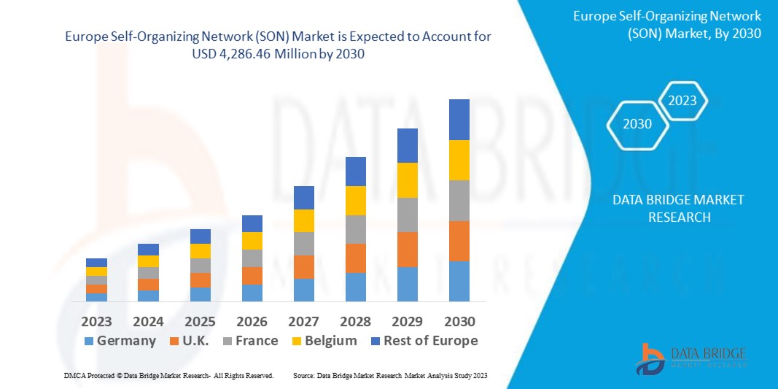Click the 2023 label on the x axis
coord(96,321)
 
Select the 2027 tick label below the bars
coord(303,321)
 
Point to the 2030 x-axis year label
coord(459,321)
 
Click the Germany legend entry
coord(120,341)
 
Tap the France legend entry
coord(249,341)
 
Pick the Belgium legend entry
coord(324,341)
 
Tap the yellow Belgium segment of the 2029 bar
coord(407,180)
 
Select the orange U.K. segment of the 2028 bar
coord(355,258)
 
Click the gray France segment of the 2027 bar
coord(303,244)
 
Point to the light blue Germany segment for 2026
coord(252,293)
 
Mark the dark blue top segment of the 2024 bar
coord(148,250)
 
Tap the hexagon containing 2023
coord(682,101)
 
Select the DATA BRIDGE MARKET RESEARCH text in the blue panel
coord(667,208)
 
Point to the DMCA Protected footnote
coord(168,375)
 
